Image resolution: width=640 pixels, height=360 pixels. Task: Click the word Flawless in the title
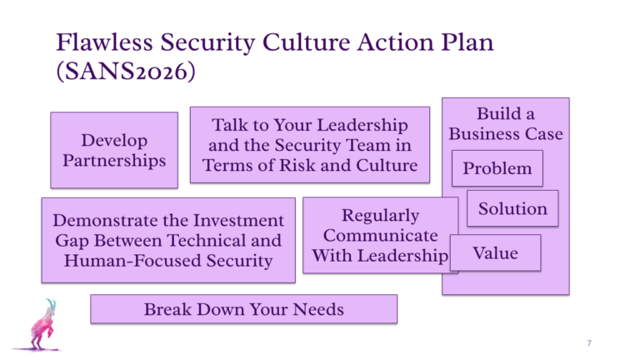(104, 42)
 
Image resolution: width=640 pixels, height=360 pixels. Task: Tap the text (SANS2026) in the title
(126, 71)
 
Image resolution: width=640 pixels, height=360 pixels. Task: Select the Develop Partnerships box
(114, 150)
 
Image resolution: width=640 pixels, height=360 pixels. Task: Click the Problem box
(497, 168)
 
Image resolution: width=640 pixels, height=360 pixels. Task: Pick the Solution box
(512, 208)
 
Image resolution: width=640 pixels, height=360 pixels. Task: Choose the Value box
(496, 252)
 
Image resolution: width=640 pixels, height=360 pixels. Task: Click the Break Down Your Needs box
(243, 309)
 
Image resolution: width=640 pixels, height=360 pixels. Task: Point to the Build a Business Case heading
(506, 123)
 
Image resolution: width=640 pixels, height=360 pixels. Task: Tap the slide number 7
(589, 342)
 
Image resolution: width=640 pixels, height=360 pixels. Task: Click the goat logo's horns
(51, 303)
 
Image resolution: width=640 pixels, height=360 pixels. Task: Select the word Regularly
(380, 216)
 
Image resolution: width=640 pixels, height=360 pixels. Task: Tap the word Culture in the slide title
(306, 42)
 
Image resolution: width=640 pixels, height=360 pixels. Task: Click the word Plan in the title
(467, 42)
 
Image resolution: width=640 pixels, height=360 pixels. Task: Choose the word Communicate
(380, 236)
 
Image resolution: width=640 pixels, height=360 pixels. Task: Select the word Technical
(206, 240)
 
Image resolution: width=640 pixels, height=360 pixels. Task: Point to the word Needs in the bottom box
(318, 309)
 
